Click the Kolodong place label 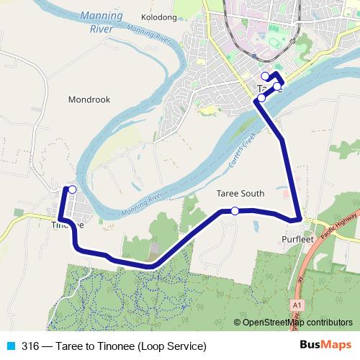(160, 17)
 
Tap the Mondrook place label (89, 100)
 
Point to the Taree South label (240, 194)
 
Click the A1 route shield (297, 306)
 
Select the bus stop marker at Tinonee (72, 189)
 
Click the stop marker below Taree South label (235, 211)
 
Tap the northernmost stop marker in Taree (265, 76)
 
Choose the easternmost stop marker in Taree (277, 86)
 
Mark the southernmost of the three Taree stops (261, 97)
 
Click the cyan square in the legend (10, 346)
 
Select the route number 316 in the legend (31, 346)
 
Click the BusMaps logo (325, 345)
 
